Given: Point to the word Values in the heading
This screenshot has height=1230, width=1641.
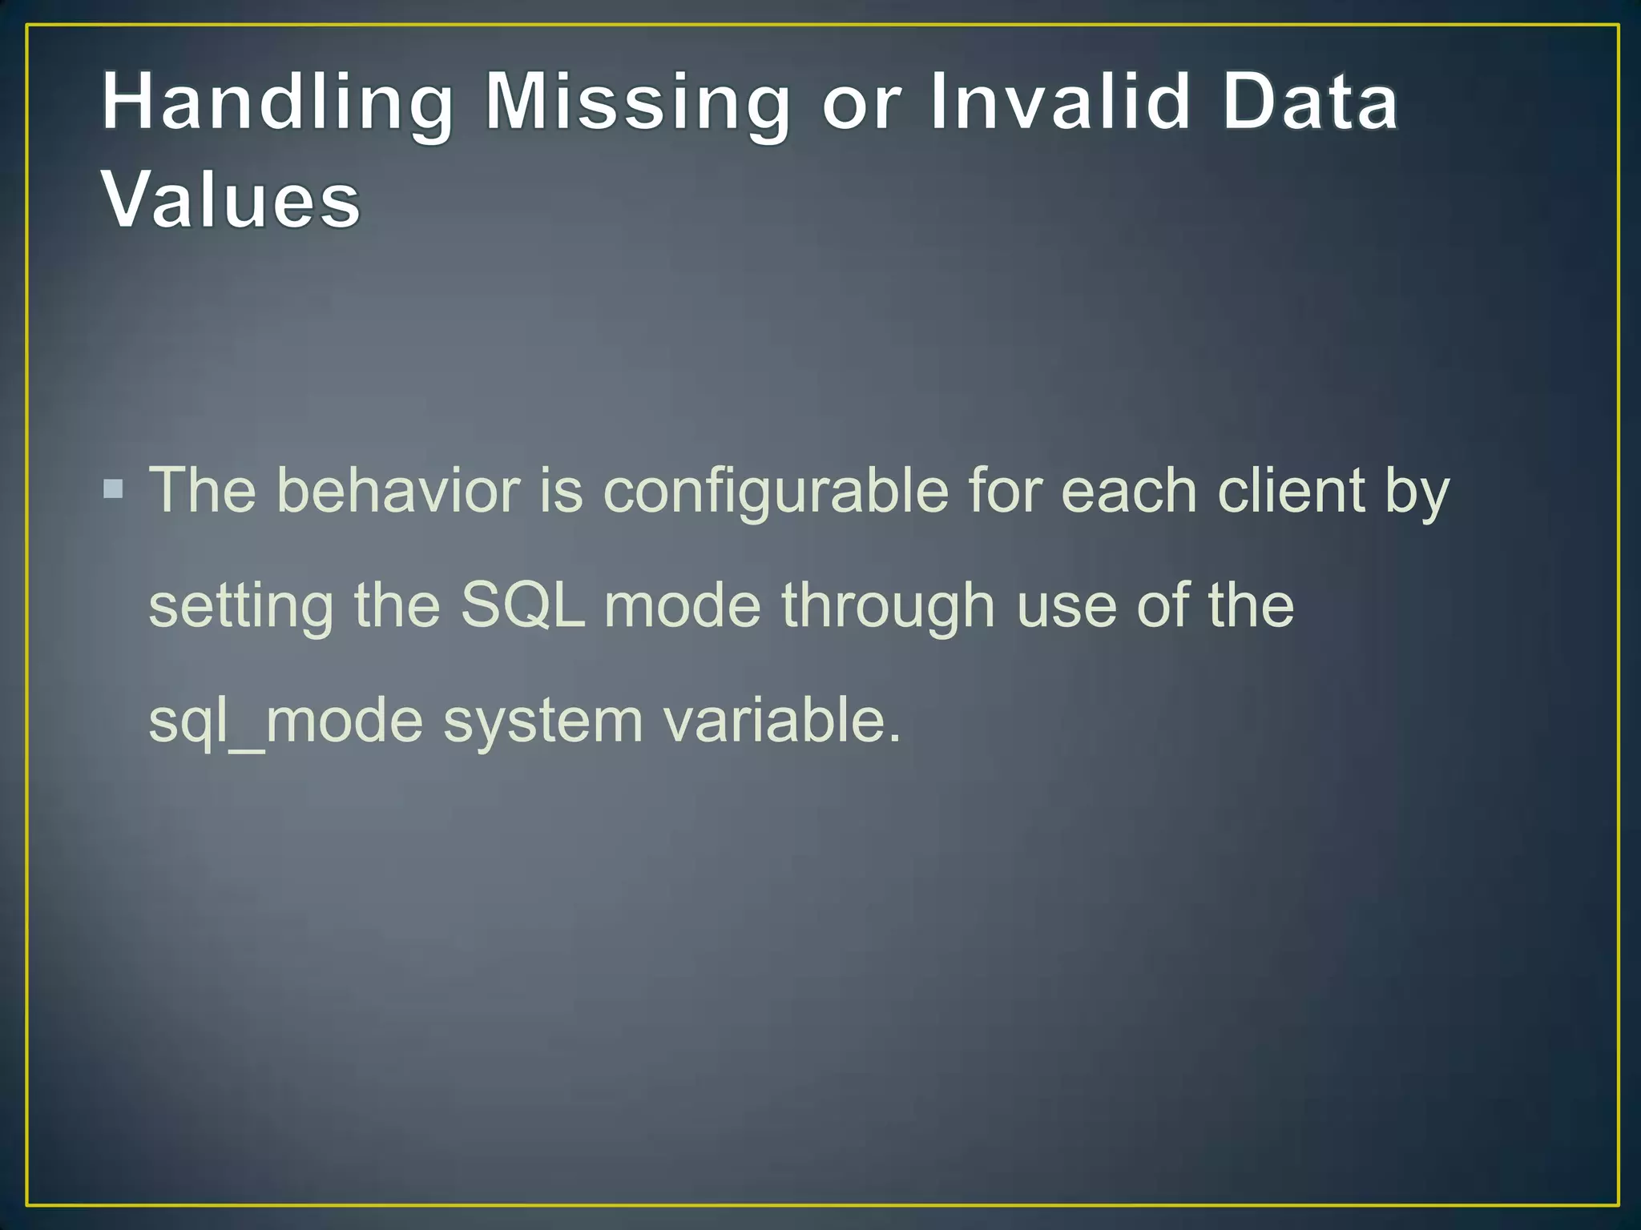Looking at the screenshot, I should click(x=232, y=200).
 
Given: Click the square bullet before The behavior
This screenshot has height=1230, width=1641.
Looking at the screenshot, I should click(x=114, y=488).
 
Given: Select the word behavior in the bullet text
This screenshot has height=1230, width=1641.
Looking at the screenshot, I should click(x=398, y=490).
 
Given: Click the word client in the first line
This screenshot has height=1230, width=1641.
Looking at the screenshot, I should click(x=1291, y=490).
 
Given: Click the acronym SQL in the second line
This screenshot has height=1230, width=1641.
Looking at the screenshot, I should click(x=522, y=605).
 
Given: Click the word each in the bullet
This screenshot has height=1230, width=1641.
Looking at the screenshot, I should click(x=1128, y=490).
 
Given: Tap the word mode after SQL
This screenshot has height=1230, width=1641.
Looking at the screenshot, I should click(x=682, y=605).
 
